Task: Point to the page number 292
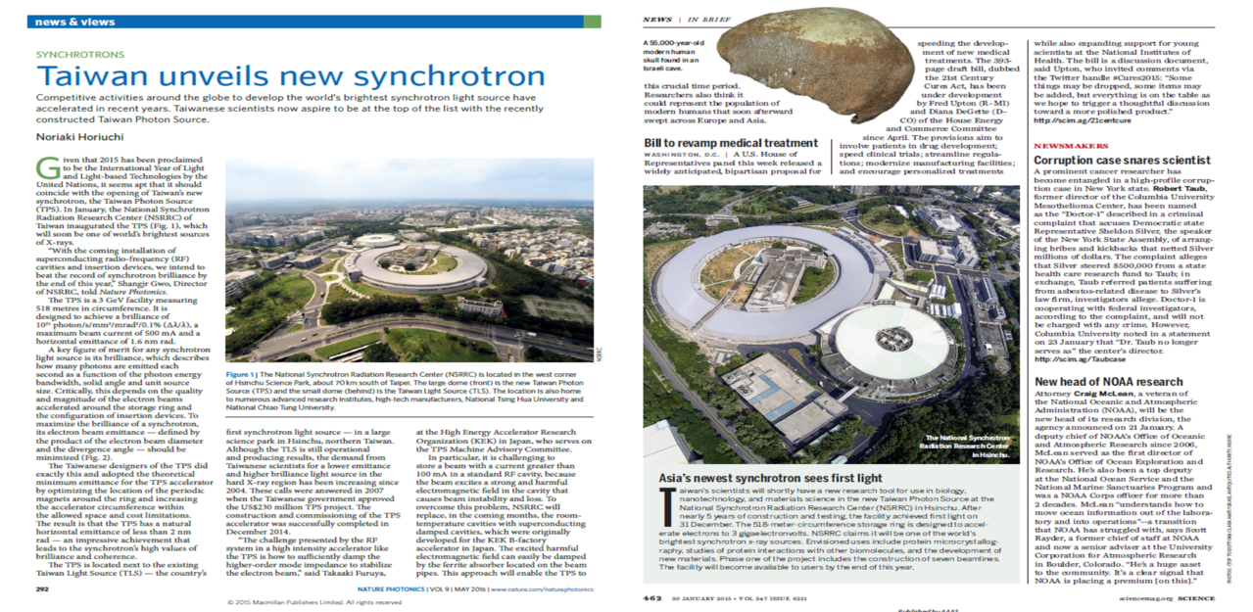pyautogui.click(x=42, y=588)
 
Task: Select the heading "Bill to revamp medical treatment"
pyautogui.click(x=730, y=143)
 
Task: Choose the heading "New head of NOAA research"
pyautogui.click(x=1109, y=381)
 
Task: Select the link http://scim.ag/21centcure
pyautogui.click(x=1079, y=122)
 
